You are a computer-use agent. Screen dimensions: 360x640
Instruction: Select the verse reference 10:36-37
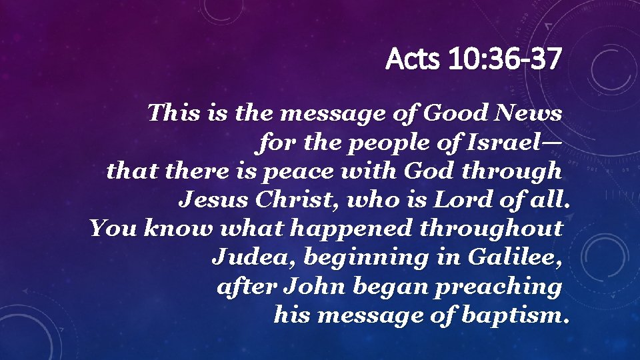pyautogui.click(x=505, y=61)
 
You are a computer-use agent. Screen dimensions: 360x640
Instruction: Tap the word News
pyautogui.click(x=529, y=113)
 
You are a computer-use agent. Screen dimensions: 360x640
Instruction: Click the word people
pyautogui.click(x=369, y=143)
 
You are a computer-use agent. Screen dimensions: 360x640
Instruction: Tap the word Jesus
pyautogui.click(x=210, y=200)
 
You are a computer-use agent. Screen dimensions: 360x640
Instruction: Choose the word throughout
pyautogui.click(x=491, y=229)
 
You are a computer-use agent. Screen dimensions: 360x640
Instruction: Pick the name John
pyautogui.click(x=315, y=287)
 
